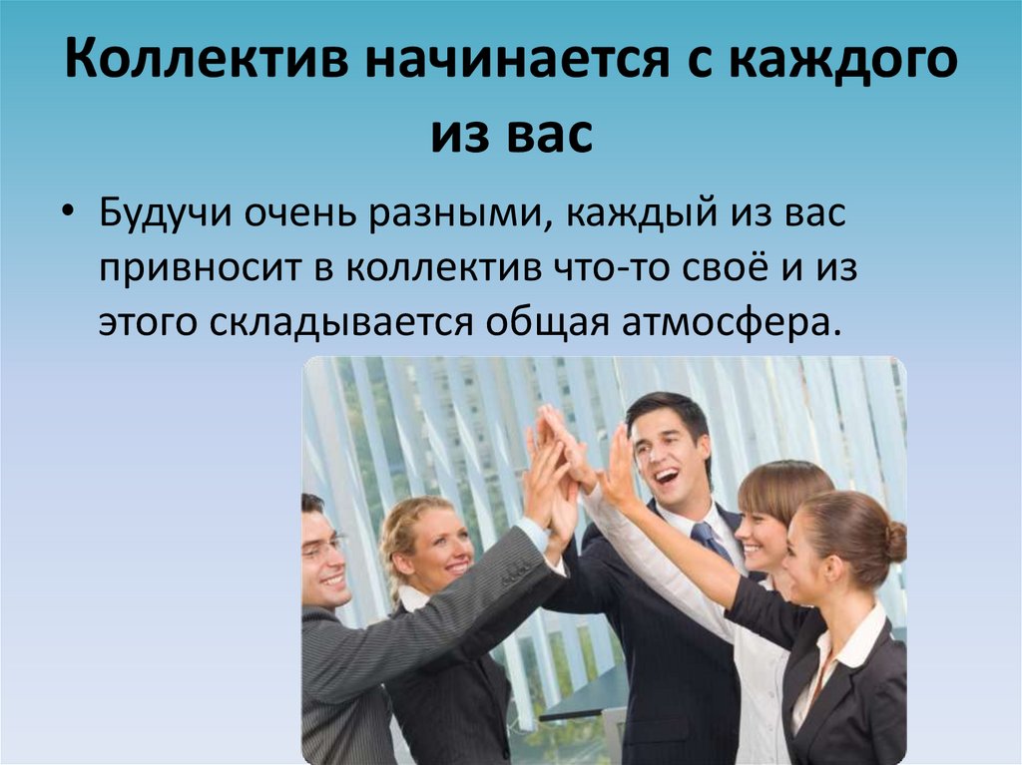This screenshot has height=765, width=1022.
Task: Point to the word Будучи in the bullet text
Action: point(166,214)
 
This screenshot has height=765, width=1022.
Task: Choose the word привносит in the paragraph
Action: point(204,269)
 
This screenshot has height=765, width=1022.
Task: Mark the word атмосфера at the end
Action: point(727,322)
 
